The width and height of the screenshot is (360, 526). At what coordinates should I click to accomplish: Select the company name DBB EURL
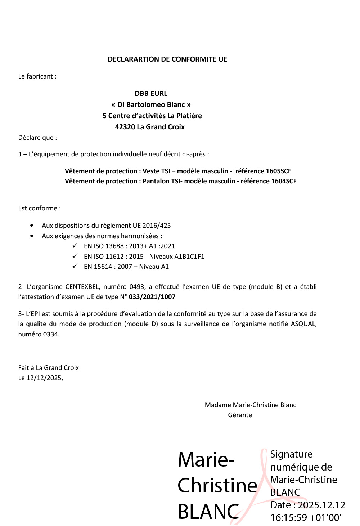tap(151, 93)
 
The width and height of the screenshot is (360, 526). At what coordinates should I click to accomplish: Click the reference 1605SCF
tap(278, 171)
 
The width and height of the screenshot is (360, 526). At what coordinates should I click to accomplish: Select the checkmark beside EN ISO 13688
tap(75, 246)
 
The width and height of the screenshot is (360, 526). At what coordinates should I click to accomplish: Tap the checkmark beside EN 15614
tap(75, 266)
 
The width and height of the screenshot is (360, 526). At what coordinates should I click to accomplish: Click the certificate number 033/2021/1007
tap(152, 297)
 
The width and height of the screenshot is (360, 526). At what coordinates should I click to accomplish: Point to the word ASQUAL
tap(303, 324)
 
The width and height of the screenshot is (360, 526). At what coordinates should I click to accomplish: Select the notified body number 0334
tap(51, 334)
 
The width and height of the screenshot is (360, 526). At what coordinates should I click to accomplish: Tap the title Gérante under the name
tap(240, 415)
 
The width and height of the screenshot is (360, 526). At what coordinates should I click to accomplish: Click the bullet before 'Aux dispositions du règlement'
tap(32, 226)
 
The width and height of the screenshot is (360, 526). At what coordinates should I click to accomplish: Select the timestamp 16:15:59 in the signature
tap(289, 518)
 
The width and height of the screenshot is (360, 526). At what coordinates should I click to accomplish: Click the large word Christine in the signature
tap(217, 485)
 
